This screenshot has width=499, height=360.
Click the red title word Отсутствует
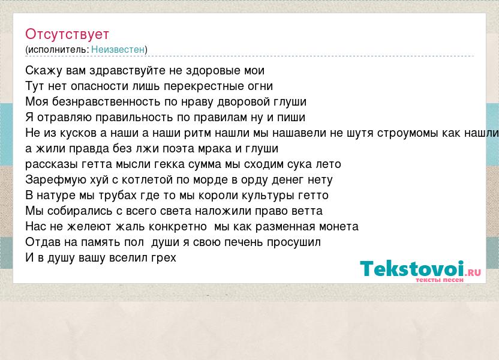(67, 34)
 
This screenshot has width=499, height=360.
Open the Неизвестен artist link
(118, 50)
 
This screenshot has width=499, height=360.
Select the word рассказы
(52, 164)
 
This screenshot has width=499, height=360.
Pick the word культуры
(268, 196)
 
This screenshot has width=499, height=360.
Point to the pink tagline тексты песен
(440, 280)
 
